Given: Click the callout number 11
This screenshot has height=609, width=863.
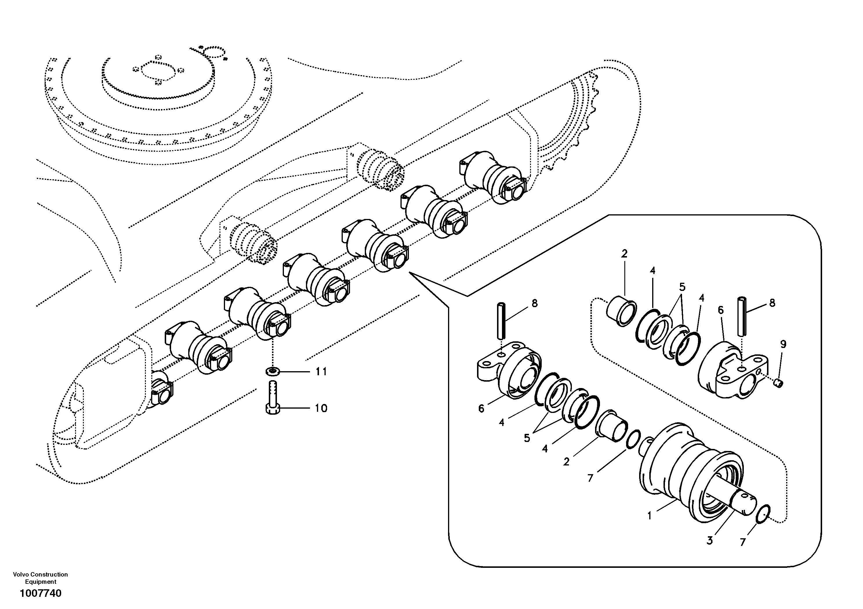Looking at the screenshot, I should (x=321, y=372).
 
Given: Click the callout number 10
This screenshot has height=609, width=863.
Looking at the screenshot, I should (x=321, y=408).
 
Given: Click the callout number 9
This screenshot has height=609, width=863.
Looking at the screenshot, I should (x=783, y=344).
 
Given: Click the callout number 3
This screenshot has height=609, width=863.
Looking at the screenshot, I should (x=710, y=541).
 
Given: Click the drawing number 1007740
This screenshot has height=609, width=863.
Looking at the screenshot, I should (x=40, y=594).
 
